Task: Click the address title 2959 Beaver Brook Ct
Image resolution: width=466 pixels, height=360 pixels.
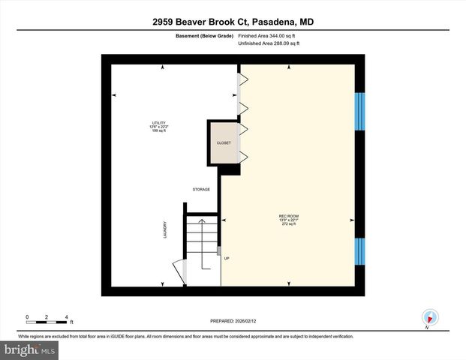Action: coord(233,22)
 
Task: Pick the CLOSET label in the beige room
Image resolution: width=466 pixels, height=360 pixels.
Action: coord(224,143)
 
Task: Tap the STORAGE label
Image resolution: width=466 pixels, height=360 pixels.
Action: coord(200,189)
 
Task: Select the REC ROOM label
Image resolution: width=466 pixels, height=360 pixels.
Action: coord(289,215)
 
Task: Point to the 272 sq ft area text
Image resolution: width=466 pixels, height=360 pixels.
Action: coord(289,224)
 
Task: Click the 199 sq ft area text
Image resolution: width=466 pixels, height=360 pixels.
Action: coord(158,131)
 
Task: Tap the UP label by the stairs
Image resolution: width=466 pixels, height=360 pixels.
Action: coord(226,258)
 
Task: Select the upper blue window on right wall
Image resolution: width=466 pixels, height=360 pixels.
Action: coord(359,103)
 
